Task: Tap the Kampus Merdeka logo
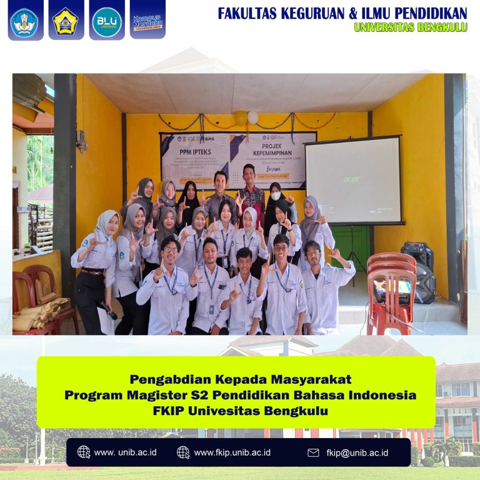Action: point(147,21)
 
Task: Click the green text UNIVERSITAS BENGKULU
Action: point(411,27)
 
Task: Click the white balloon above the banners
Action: point(252,117)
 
